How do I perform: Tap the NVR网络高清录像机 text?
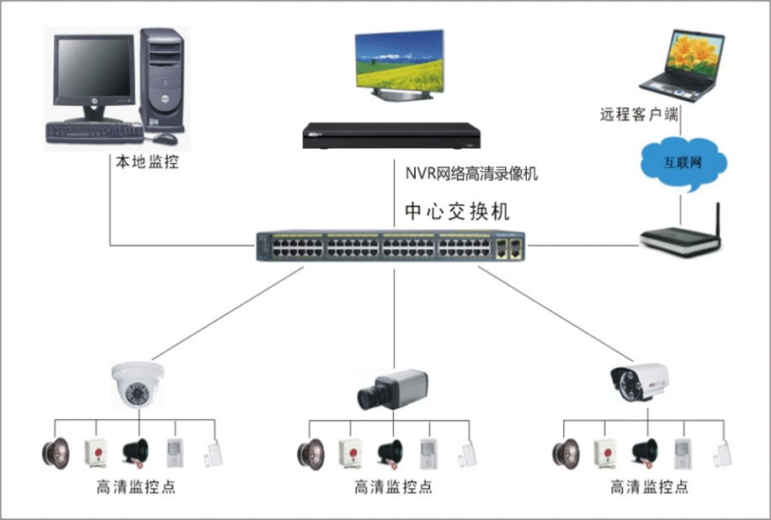pyautogui.click(x=471, y=174)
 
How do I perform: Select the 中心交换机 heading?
pyautogui.click(x=457, y=210)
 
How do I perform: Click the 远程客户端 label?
pyautogui.click(x=639, y=114)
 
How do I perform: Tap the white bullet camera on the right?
pyautogui.click(x=644, y=383)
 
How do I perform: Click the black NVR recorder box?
pyautogui.click(x=391, y=134)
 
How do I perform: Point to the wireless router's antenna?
pyautogui.click(x=718, y=219)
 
